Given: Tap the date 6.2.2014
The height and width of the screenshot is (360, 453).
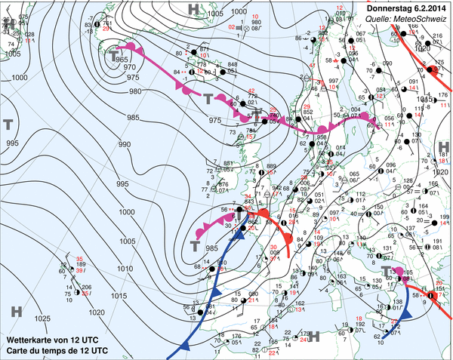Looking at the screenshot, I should point(429,7).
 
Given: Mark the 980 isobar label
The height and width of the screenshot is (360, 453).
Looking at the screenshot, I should point(135,91).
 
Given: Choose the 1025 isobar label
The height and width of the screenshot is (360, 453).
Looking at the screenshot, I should point(43,319).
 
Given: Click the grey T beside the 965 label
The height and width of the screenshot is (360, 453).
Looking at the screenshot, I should point(114,57).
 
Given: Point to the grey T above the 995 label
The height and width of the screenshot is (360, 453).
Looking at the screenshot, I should point(9,124).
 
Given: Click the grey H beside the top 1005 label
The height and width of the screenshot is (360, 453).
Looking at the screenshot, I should point(194,10).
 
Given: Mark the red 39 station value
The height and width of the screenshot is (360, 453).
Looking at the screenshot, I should point(79,270).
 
